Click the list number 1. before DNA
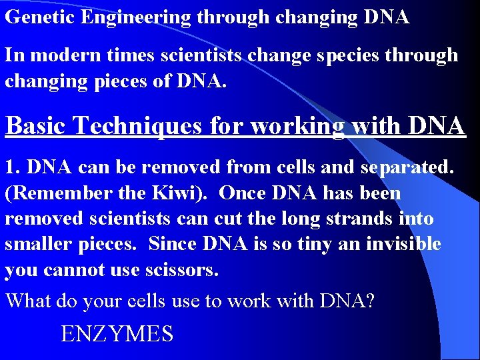[x=13, y=167]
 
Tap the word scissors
[x=201, y=269]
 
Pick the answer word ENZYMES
[x=117, y=333]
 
